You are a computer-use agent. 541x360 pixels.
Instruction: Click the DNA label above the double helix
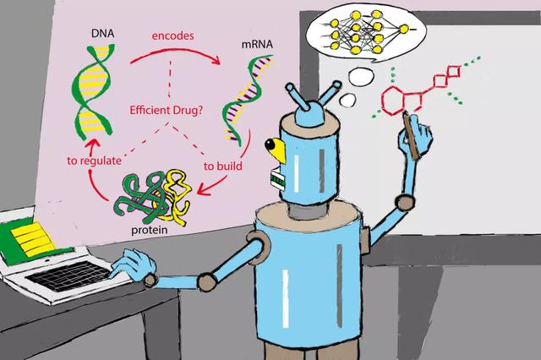102,34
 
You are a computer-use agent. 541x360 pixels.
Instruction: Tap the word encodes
172,35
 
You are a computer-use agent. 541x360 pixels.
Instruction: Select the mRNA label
257,44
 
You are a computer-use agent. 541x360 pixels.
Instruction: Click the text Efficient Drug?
166,111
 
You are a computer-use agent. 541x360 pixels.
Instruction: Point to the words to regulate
94,161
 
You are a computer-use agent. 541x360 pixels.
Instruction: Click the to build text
222,166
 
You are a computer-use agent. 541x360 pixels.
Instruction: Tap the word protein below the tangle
150,230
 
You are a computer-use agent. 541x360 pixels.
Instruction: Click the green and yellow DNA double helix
92,92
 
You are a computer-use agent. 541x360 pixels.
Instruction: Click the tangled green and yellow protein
154,197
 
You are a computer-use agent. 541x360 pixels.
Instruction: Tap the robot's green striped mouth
277,177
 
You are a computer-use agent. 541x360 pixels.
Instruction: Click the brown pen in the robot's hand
412,135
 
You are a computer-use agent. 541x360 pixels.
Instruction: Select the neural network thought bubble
367,33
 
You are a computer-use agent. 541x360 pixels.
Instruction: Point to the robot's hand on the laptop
132,265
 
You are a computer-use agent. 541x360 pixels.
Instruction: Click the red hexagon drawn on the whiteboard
392,101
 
